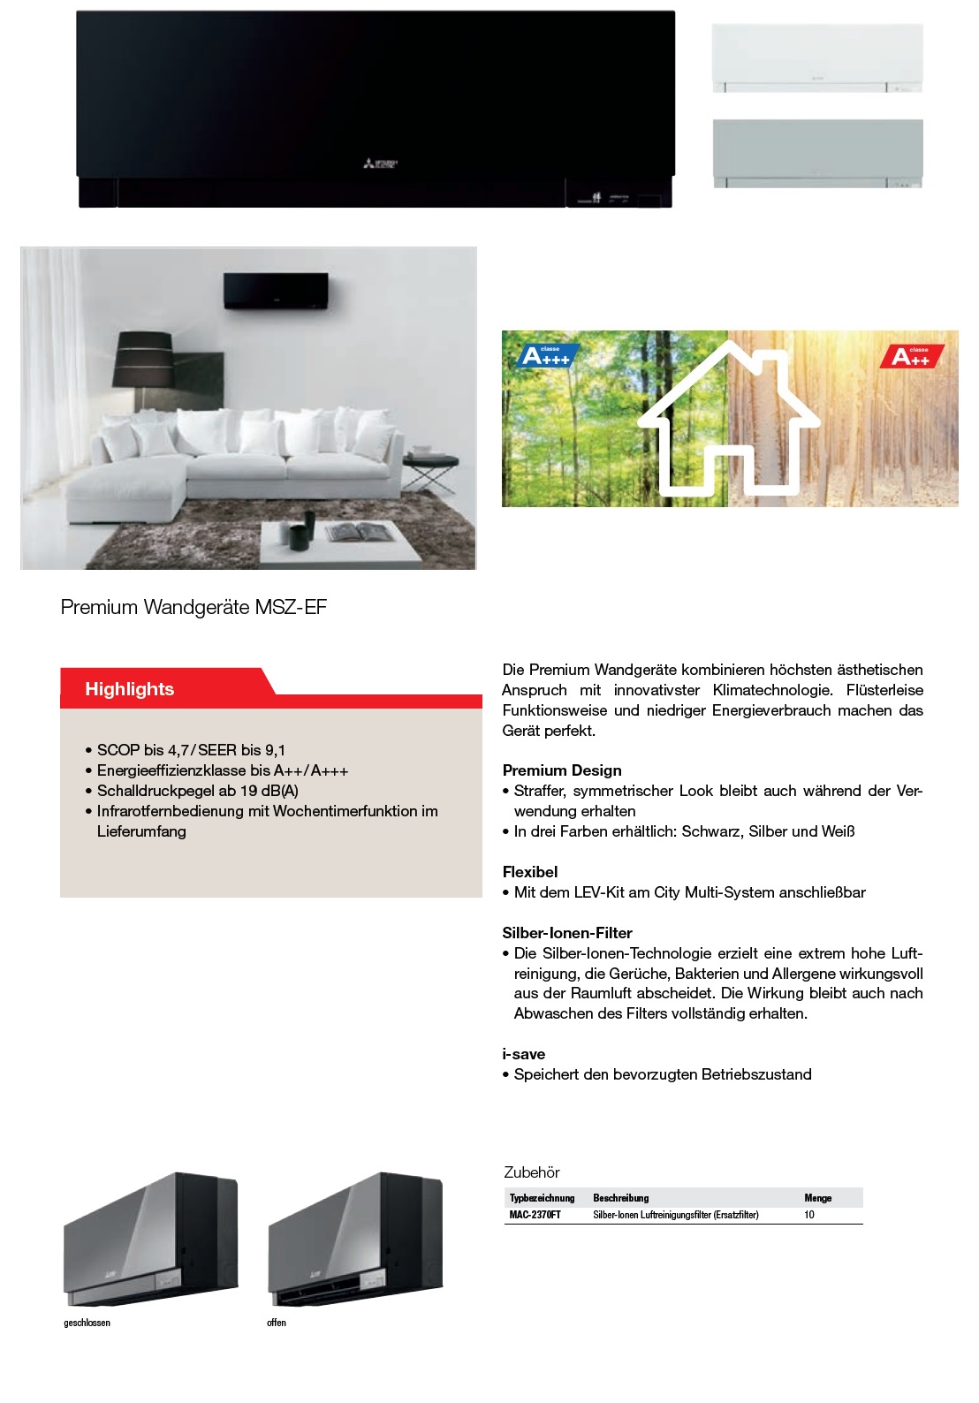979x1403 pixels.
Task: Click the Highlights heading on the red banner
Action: coord(129,689)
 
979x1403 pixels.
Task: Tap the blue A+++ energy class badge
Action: coord(545,356)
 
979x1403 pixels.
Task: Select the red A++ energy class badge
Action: coord(912,356)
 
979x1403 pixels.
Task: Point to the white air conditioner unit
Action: coord(817,57)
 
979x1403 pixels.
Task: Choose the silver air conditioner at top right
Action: coord(817,153)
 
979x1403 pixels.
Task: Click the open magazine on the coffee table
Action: coord(356,531)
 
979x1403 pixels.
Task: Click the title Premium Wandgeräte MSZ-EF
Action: coord(194,608)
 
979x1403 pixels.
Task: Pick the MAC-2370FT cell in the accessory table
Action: coord(535,1215)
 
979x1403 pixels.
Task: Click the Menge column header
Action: coord(817,1198)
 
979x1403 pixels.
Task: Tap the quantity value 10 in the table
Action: coord(809,1215)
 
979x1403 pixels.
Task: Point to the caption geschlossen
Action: coord(87,1323)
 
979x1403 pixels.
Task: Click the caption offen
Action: coord(277,1323)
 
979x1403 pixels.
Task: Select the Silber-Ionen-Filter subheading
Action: coord(567,933)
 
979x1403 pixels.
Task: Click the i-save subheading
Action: coord(524,1054)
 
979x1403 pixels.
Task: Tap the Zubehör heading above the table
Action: coord(532,1172)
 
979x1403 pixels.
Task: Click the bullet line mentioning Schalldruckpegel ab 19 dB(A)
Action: coord(198,791)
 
